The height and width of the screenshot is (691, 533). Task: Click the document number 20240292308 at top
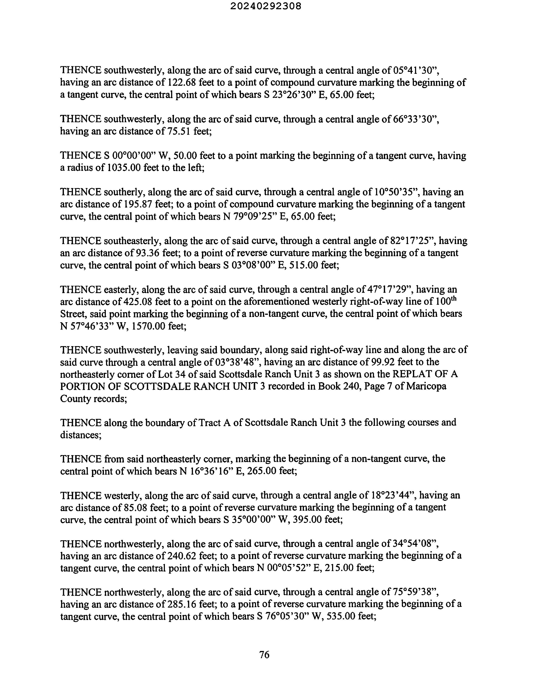266,6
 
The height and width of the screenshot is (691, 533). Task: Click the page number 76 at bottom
264,654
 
